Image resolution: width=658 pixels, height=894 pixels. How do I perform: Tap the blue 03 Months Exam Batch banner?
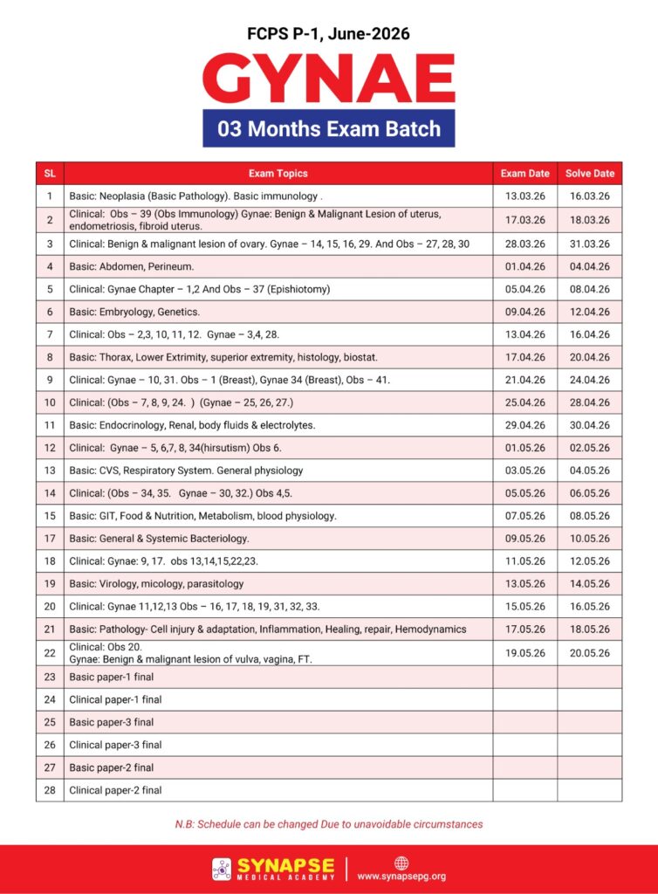tap(329, 129)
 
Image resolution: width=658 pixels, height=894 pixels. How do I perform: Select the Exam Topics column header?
tap(278, 173)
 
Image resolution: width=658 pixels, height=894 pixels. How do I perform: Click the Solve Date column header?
tap(589, 173)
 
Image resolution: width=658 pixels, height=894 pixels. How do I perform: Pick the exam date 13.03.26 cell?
tap(524, 196)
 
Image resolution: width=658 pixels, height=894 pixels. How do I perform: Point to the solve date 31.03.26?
tap(589, 244)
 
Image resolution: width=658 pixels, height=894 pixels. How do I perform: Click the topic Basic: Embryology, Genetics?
tap(135, 312)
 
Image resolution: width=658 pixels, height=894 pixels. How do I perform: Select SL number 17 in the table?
tap(50, 538)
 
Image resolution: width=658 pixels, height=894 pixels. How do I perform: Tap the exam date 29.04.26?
tap(524, 425)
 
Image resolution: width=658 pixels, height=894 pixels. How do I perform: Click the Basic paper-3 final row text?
tap(111, 722)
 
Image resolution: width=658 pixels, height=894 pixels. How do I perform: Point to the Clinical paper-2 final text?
tap(115, 790)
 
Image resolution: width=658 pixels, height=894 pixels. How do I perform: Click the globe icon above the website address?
tap(401, 863)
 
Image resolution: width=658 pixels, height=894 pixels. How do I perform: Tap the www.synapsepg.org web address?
tap(401, 877)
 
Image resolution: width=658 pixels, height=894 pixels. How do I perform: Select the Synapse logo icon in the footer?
tap(222, 869)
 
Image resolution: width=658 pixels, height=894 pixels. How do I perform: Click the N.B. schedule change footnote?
tap(329, 824)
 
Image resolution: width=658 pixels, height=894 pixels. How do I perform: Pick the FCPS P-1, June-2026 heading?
tap(329, 34)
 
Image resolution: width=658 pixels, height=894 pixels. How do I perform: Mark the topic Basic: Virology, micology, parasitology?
tap(157, 583)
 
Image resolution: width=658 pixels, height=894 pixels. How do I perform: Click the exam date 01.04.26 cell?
tap(524, 266)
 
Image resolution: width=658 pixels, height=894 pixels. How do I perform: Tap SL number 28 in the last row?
tap(50, 790)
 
